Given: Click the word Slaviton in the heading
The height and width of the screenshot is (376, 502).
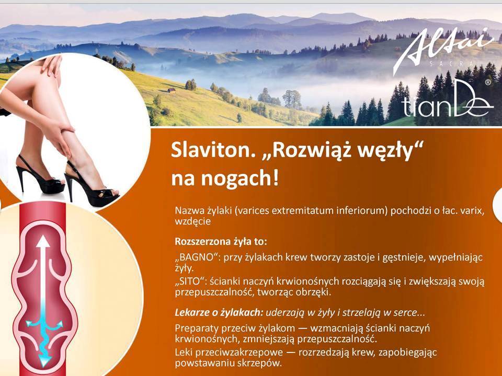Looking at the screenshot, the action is pyautogui.click(x=211, y=150).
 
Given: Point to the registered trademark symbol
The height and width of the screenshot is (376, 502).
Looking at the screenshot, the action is pyautogui.click(x=488, y=82).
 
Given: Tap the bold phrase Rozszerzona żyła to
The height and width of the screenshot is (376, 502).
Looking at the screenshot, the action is pyautogui.click(x=221, y=241).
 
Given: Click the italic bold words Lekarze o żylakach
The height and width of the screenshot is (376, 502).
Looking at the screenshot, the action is pyautogui.click(x=219, y=312).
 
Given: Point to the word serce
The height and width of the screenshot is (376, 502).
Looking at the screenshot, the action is pyautogui.click(x=407, y=313).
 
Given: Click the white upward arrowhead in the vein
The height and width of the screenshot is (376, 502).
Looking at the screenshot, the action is pyautogui.click(x=42, y=242).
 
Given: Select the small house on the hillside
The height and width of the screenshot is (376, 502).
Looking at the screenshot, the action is pyautogui.click(x=172, y=90).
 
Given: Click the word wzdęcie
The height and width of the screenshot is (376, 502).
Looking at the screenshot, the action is pyautogui.click(x=193, y=221).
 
